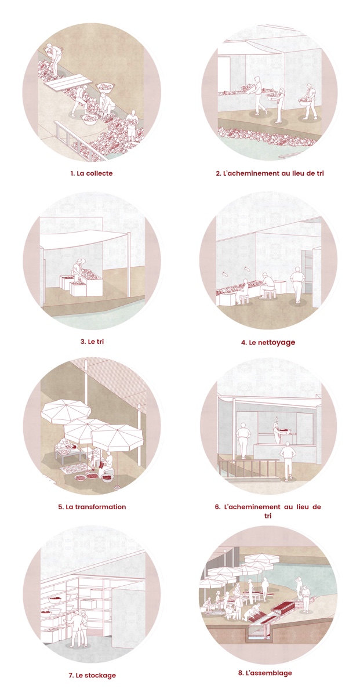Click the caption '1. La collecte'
[x=92, y=173]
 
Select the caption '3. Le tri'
[x=92, y=342]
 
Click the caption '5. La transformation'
[x=92, y=507]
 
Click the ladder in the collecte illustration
[x=79, y=141]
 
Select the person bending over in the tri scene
[x=78, y=269]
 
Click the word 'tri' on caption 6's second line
[x=268, y=516]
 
